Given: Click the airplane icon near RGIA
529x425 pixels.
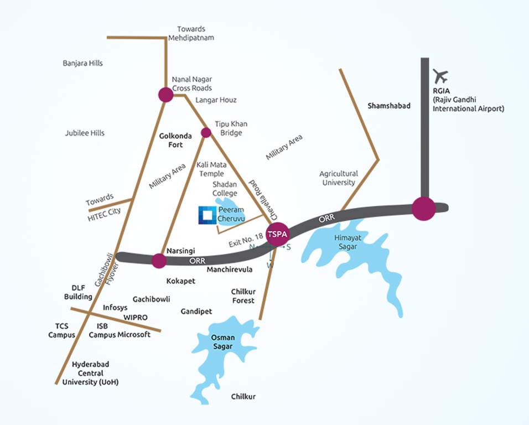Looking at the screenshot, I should pyautogui.click(x=440, y=76).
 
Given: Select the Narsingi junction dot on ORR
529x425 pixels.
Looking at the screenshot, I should pyautogui.click(x=159, y=261).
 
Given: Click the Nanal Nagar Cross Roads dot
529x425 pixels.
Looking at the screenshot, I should pyautogui.click(x=165, y=95).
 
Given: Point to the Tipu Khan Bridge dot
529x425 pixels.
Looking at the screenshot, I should pyautogui.click(x=206, y=132).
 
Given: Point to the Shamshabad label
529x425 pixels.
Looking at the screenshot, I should pyautogui.click(x=389, y=105).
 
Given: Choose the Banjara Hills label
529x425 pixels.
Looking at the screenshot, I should pyautogui.click(x=82, y=64).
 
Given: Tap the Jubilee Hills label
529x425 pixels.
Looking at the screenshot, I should pyautogui.click(x=85, y=133).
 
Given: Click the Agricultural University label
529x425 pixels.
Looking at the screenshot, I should pyautogui.click(x=339, y=178).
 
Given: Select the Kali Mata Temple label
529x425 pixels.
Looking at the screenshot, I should pyautogui.click(x=210, y=169).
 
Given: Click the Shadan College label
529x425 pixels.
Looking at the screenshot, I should pyautogui.click(x=225, y=189).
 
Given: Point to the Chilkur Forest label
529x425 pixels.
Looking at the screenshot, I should pyautogui.click(x=243, y=296).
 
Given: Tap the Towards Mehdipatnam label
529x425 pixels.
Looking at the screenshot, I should pyautogui.click(x=191, y=33).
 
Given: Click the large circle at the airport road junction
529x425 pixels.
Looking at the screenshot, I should pyautogui.click(x=424, y=209).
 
